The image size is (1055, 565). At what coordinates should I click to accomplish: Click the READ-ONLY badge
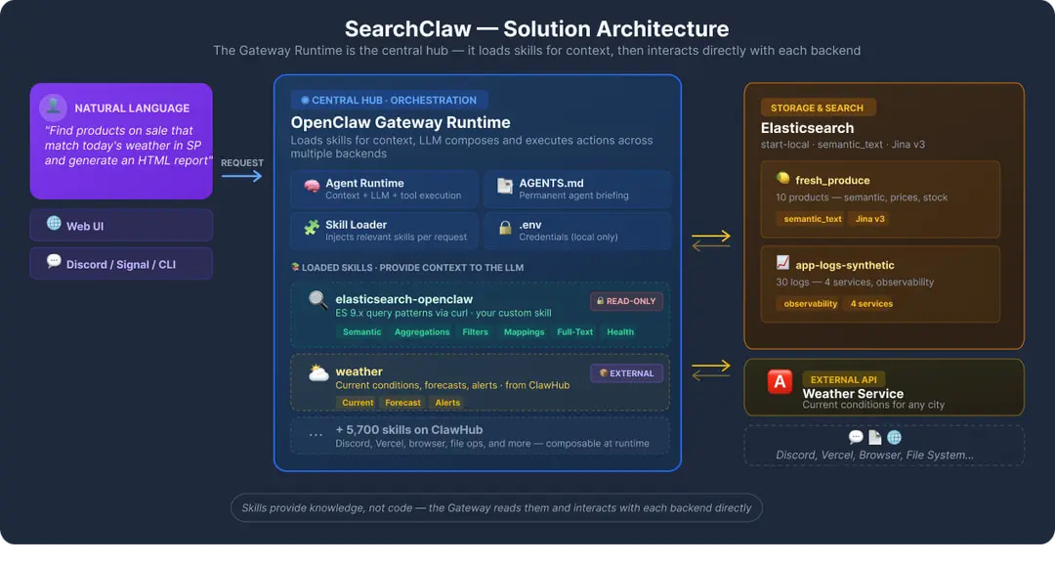point(625,301)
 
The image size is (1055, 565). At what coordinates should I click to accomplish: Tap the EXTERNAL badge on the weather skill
point(626,372)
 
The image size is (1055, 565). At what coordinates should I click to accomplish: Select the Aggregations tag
point(422,332)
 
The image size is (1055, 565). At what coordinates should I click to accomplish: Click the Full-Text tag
point(575,332)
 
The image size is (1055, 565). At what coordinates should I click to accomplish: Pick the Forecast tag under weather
point(402,403)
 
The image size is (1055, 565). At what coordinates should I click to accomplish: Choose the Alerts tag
point(447,403)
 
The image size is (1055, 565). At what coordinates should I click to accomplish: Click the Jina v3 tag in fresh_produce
point(870,219)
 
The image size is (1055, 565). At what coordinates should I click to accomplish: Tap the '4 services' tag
point(871,304)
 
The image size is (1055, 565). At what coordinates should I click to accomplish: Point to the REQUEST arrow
point(242,176)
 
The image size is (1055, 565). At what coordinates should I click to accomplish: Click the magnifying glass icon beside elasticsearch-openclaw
point(317,299)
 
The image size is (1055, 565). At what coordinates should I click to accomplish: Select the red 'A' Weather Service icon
point(780,382)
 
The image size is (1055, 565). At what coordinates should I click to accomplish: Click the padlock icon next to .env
point(505,228)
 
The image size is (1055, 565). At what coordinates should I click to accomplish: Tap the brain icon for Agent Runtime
point(312,186)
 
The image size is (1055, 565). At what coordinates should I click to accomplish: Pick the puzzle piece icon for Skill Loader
point(312,228)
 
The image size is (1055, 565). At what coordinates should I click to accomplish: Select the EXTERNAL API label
point(844,379)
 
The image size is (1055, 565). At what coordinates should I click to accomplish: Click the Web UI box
point(121,225)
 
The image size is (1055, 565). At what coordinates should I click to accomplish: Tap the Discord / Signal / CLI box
point(121,264)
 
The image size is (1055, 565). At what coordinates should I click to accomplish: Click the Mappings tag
point(525,332)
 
